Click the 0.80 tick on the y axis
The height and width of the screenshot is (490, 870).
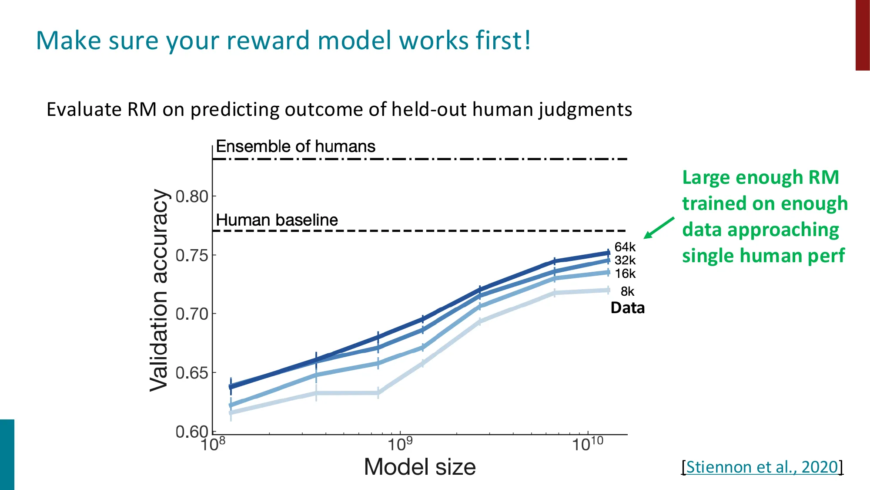pos(192,197)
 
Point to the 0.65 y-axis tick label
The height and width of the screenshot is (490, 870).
pos(192,373)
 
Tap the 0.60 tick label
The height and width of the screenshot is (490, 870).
pos(192,432)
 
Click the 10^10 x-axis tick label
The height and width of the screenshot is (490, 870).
pos(587,444)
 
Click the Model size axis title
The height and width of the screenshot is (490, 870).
pos(420,467)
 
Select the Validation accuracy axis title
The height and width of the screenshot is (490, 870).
pos(159,291)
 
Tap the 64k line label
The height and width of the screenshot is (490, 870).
pos(625,247)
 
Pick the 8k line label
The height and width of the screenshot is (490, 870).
pos(627,291)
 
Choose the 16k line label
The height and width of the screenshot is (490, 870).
pos(625,274)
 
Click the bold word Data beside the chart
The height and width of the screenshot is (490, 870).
pos(627,308)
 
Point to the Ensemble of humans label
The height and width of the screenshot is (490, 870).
pos(295,146)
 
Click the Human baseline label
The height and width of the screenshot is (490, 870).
pos(277,220)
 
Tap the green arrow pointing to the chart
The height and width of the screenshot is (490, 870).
pos(659,228)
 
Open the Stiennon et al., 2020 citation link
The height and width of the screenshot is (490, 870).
pos(762,467)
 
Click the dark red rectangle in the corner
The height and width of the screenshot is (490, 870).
pos(862,35)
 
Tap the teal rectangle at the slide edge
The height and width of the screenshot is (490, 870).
pos(7,454)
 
